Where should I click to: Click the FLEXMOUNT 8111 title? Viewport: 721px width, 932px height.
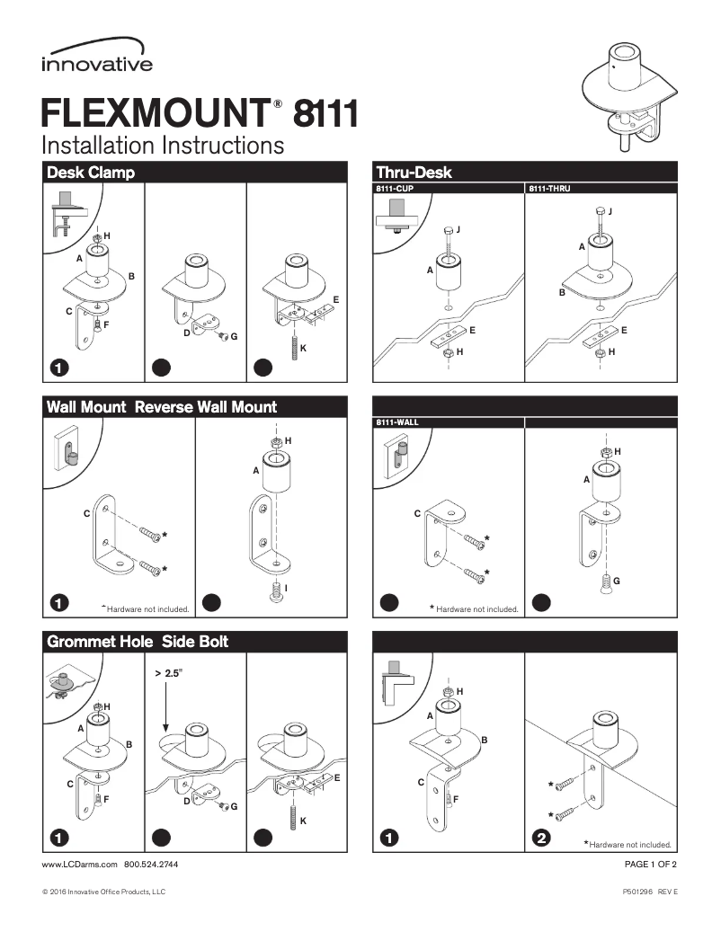200,115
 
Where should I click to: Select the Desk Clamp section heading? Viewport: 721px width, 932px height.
90,172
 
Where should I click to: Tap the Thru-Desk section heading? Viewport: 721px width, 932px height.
414,172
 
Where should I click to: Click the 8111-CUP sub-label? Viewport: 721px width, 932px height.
394,189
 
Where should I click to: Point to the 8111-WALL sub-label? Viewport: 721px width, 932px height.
396,422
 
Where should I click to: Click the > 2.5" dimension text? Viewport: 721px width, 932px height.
168,672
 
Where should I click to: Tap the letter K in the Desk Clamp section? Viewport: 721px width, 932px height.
303,347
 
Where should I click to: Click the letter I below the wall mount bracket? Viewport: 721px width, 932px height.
285,588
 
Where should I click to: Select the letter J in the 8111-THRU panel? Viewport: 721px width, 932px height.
610,211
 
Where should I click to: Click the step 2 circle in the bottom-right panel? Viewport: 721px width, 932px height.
541,838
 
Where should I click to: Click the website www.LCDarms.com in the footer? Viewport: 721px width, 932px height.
80,865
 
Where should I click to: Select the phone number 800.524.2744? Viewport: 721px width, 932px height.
150,865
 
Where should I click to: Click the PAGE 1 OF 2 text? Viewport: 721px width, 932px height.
650,865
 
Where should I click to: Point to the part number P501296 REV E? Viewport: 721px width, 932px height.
649,892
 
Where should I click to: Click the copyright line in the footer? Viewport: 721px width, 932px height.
103,892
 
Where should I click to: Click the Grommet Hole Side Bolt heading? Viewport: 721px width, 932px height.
137,642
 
